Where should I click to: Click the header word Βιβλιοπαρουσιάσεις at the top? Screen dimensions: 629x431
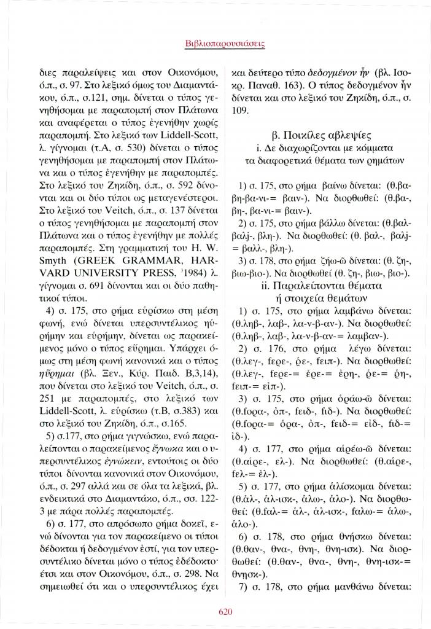pos(215,44)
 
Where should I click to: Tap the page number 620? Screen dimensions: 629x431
pos(215,610)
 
